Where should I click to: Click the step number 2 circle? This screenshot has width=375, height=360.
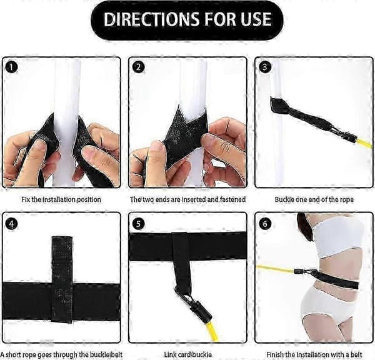coord(139,67)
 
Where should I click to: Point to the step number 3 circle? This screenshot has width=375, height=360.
coord(264,67)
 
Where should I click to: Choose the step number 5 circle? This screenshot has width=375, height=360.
coord(139,224)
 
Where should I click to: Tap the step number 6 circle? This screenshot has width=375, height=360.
coord(264,224)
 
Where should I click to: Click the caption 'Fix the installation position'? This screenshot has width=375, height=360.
coord(61,199)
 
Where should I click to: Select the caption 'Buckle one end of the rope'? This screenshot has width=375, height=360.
coord(314,199)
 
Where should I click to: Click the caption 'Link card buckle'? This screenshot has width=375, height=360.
coord(187,354)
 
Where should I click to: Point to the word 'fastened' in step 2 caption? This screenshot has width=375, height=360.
coord(232,199)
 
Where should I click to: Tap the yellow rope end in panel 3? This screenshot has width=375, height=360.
coord(365,142)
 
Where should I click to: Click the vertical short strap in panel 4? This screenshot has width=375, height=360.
coord(62,279)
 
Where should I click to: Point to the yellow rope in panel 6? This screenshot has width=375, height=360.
coord(275,269)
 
